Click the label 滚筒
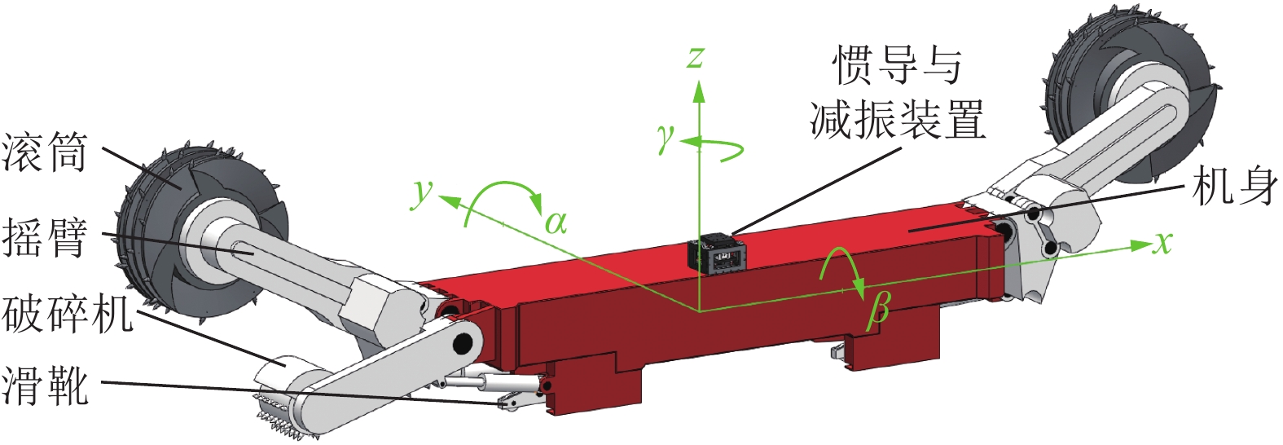pos(44,152)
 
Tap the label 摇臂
pos(44,237)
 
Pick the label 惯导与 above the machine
pos(896,65)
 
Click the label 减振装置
pos(897,120)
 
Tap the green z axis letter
pos(695,57)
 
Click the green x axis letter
pos(1162,242)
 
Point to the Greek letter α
pos(556,222)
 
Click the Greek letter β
pos(878,311)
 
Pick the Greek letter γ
pos(666,139)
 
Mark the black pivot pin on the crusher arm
pos(463,342)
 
